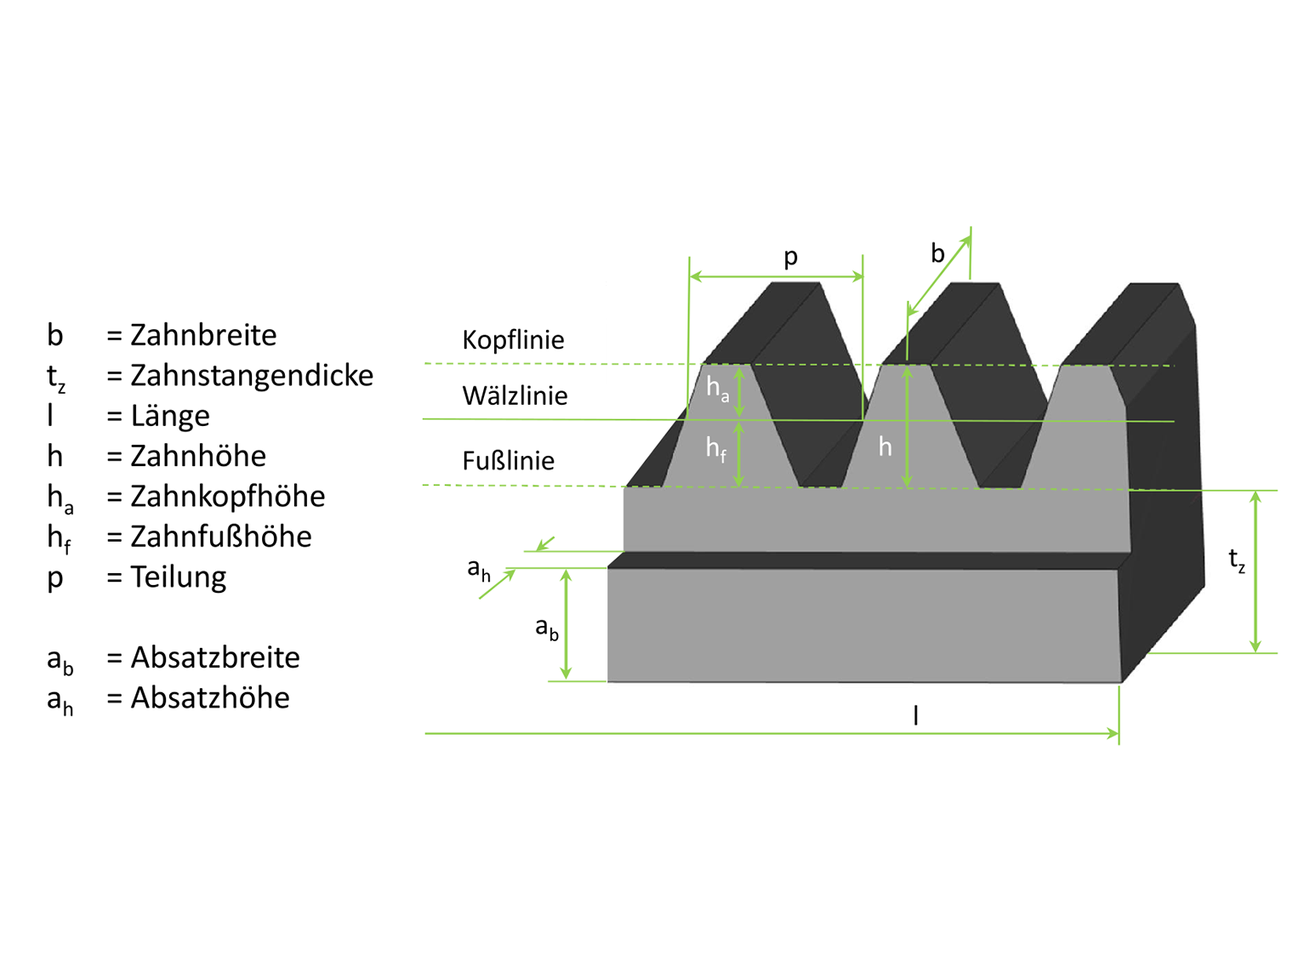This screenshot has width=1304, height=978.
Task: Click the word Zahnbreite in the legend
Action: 203,335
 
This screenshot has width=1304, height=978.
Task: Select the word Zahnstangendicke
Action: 252,375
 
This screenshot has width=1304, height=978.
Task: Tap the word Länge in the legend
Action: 170,416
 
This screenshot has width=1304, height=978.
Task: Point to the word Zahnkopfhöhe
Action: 227,497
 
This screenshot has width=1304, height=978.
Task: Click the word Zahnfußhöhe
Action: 220,537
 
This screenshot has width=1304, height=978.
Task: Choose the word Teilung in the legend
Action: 178,577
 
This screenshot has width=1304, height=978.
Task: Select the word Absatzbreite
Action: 214,657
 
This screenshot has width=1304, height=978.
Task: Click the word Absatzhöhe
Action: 209,697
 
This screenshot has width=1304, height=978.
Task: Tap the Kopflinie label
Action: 513,340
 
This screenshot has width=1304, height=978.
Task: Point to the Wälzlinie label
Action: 515,396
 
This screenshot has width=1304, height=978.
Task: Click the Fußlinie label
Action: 508,461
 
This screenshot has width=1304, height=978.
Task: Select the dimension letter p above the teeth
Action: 791,257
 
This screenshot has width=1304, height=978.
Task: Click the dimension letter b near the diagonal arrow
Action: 937,253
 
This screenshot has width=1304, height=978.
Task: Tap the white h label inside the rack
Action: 885,446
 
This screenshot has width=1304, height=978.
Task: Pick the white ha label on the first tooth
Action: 717,389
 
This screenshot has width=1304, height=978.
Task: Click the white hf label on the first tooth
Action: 716,448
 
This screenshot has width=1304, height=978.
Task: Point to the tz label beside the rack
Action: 1237,560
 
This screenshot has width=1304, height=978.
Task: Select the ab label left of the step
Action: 546,628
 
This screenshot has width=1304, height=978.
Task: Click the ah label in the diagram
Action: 479,570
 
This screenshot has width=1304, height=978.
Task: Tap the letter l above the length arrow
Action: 915,715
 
